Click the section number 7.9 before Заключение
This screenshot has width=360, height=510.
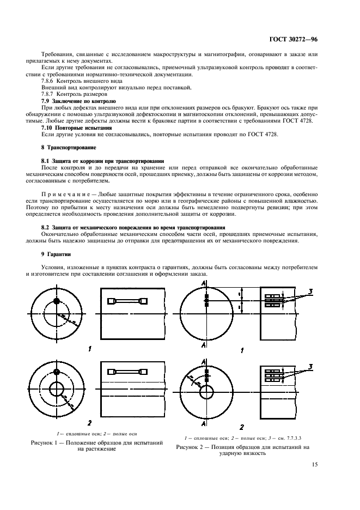(x=46, y=101)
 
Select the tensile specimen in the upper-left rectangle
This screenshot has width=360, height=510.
(x=129, y=301)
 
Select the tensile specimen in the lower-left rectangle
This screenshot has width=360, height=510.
(x=129, y=372)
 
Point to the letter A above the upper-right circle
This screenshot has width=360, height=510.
(x=203, y=282)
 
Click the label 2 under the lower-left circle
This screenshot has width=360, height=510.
(x=90, y=422)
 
